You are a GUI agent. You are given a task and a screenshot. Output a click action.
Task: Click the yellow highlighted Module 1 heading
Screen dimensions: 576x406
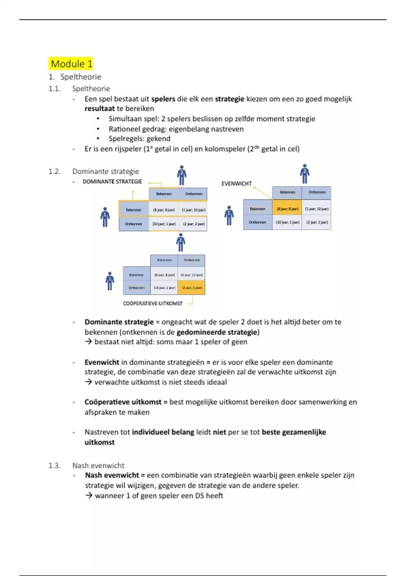click(71, 64)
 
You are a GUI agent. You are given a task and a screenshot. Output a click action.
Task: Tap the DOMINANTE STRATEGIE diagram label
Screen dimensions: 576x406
click(112, 182)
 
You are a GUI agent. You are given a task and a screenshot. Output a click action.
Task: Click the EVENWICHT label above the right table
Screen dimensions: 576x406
click(236, 184)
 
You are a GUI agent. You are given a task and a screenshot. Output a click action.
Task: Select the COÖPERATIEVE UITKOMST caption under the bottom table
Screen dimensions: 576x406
click(153, 304)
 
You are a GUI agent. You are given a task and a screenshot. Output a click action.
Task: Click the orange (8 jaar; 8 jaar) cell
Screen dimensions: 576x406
click(287, 209)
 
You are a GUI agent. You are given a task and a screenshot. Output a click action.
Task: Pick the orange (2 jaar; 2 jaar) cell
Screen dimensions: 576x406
click(191, 288)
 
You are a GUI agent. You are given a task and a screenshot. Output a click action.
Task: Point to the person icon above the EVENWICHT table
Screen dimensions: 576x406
click(304, 174)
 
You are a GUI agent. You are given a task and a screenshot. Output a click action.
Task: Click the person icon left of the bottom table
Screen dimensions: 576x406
click(110, 281)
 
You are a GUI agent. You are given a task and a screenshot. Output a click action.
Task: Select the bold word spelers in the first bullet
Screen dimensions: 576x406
click(163, 99)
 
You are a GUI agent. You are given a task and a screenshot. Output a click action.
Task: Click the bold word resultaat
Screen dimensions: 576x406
click(99, 109)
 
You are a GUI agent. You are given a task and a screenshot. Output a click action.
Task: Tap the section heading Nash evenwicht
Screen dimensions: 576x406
click(98, 466)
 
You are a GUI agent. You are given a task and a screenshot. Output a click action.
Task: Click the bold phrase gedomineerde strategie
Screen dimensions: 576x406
click(217, 332)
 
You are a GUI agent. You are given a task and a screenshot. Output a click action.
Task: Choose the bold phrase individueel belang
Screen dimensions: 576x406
click(163, 432)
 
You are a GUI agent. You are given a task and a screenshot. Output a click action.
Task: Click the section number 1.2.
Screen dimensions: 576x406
click(54, 171)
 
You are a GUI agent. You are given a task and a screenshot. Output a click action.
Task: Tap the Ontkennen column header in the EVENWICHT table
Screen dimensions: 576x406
click(317, 192)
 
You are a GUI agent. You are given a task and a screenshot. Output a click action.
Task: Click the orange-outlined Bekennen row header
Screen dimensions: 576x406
click(134, 210)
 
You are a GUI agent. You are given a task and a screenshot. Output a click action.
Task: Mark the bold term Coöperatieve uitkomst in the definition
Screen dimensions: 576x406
click(123, 402)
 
